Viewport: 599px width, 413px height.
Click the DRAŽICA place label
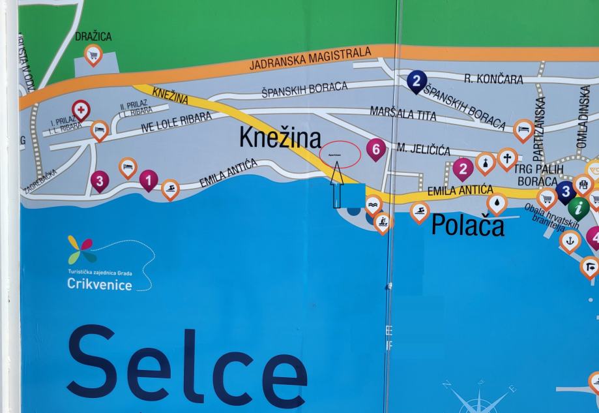tap(93, 37)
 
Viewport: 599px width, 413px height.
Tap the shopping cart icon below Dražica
tap(93, 54)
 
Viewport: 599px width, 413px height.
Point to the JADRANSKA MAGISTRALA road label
tap(310, 59)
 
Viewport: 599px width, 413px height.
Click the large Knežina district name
tap(280, 138)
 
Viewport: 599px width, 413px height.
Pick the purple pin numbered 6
tap(375, 149)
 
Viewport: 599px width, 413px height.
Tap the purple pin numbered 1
tap(149, 179)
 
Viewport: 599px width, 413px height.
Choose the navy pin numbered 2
tap(416, 81)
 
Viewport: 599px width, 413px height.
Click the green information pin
tap(578, 207)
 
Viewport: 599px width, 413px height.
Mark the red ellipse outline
tap(340, 155)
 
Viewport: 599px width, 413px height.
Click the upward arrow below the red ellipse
tap(338, 186)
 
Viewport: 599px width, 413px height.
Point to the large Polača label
tap(467, 225)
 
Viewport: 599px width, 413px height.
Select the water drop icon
tap(497, 203)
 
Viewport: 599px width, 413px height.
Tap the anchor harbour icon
tap(570, 240)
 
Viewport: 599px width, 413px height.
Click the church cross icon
tap(506, 158)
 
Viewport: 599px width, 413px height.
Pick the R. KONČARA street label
tap(493, 80)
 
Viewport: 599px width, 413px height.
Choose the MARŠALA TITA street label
tap(403, 114)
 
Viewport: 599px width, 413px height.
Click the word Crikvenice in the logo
tap(99, 284)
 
